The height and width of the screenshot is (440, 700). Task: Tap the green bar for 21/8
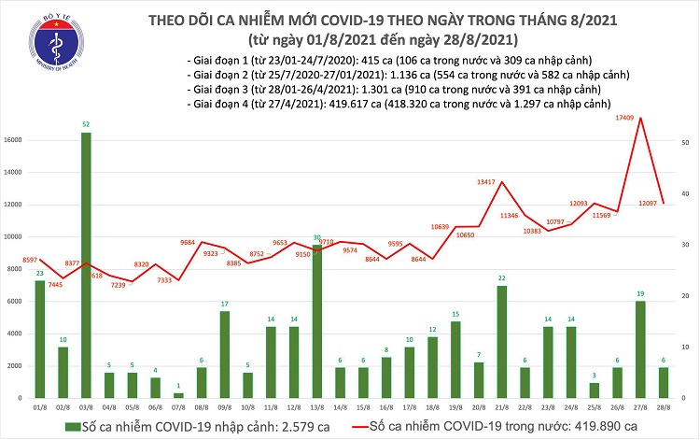[501, 342]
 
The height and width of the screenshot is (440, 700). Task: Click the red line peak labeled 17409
[640, 119]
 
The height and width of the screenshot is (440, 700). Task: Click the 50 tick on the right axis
[684, 142]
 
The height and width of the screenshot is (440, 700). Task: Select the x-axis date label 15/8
[363, 407]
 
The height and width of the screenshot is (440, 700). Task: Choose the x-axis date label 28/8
[664, 407]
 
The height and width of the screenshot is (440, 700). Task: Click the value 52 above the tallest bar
[87, 125]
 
